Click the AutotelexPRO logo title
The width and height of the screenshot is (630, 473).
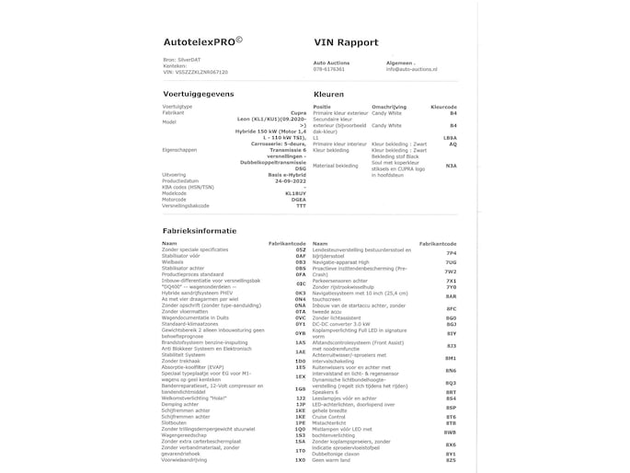click(202, 40)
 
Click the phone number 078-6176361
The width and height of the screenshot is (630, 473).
click(328, 69)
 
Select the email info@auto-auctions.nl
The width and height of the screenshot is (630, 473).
click(418, 69)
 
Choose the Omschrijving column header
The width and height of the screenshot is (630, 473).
click(387, 106)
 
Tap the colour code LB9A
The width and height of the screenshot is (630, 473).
click(449, 137)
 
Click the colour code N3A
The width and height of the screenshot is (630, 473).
click(450, 166)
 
